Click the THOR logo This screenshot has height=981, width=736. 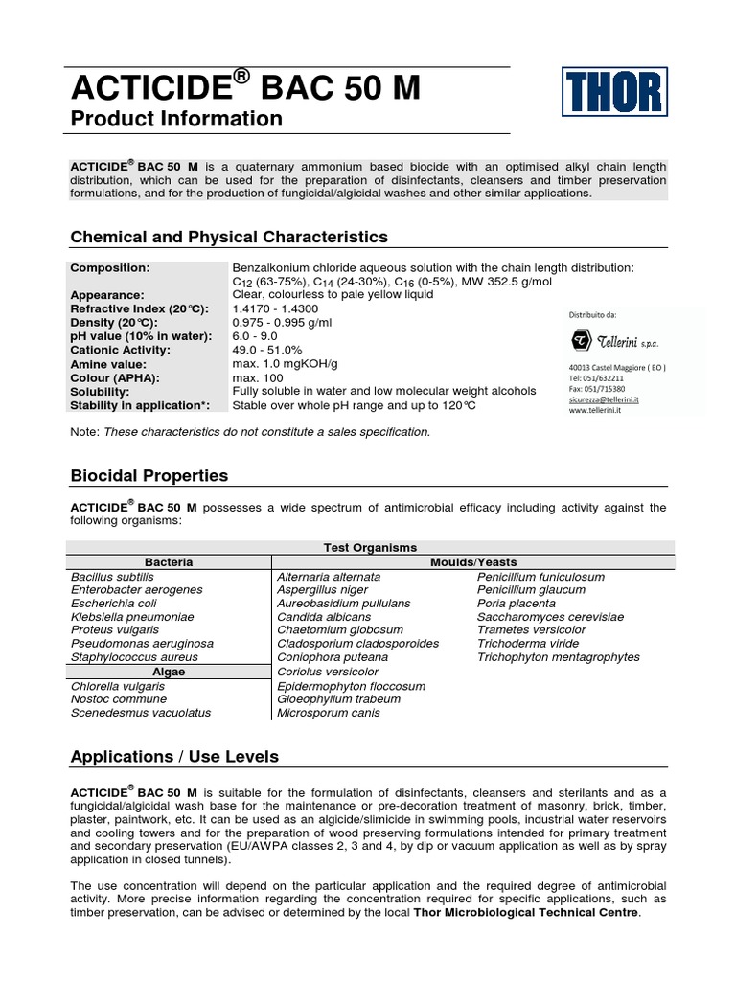[x=612, y=94]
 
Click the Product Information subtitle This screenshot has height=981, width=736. [x=176, y=119]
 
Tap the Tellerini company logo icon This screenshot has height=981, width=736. [x=582, y=341]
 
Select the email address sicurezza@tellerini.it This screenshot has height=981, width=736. [x=604, y=399]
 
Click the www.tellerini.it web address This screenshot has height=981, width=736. [x=597, y=410]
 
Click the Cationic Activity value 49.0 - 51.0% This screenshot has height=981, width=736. [x=267, y=351]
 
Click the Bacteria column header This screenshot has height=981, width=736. [x=169, y=562]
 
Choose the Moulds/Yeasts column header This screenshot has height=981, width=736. [x=473, y=562]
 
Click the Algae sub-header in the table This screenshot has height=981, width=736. [x=169, y=672]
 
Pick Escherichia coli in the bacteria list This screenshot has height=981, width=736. [x=114, y=604]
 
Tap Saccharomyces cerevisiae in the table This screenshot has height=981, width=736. [x=550, y=617]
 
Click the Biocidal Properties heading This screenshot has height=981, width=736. [x=149, y=476]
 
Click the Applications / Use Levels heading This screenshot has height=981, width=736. [x=174, y=757]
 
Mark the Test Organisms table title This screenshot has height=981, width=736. [x=370, y=548]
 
